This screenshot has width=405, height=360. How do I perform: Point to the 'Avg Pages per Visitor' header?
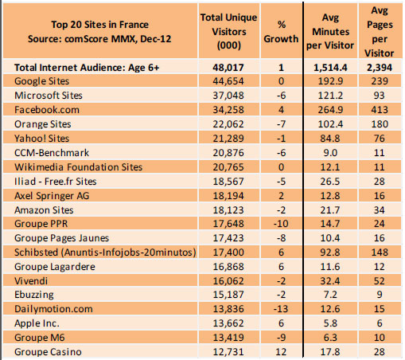[383, 29]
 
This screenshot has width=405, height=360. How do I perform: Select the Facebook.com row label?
[44, 110]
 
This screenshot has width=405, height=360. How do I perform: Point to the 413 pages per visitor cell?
[383, 110]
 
